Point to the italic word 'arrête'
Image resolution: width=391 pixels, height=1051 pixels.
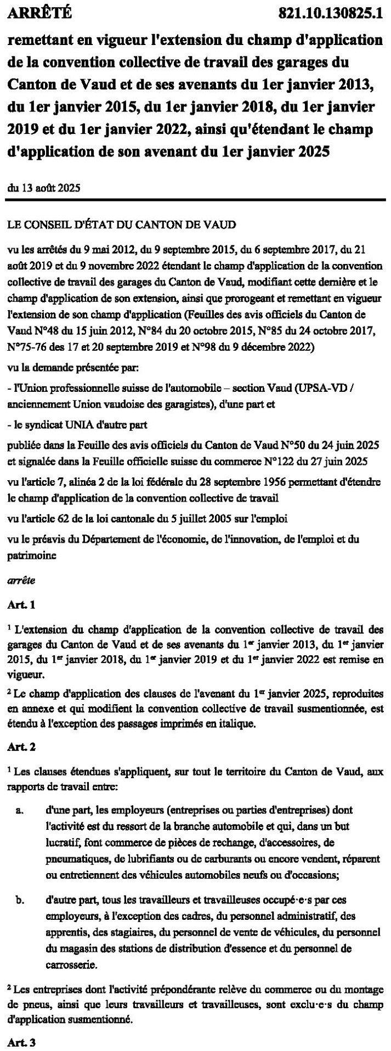(20, 579)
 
